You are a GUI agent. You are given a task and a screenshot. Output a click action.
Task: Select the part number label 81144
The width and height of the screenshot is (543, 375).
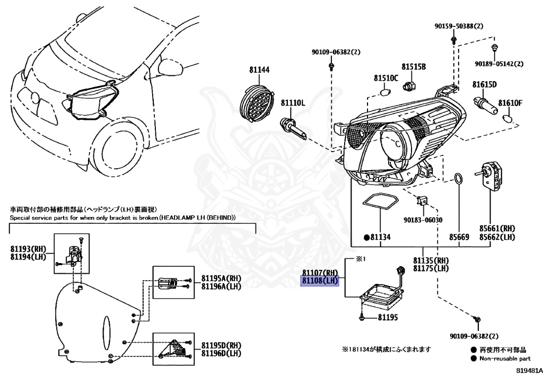(260, 69)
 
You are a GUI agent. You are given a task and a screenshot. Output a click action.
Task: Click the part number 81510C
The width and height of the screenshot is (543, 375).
(386, 79)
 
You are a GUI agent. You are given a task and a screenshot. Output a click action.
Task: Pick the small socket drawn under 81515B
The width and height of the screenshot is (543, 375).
(409, 84)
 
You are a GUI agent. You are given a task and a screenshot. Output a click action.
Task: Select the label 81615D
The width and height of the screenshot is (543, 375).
(484, 84)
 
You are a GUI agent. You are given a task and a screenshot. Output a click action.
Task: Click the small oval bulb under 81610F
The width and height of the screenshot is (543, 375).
(506, 118)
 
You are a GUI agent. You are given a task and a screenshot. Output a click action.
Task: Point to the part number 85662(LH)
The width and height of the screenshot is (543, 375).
(497, 237)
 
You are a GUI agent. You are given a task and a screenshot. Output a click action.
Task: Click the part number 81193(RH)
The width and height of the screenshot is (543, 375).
(29, 249)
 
